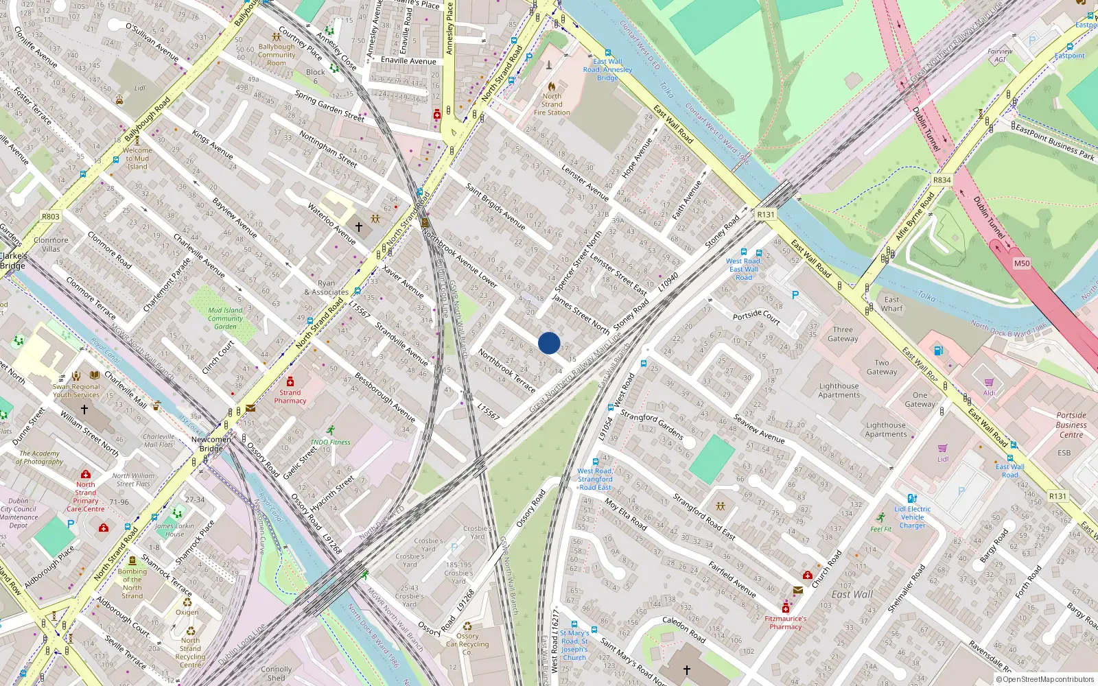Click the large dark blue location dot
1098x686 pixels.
pos(549,343)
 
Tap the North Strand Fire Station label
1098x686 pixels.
pos(552,104)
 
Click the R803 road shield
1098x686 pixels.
pos(51,216)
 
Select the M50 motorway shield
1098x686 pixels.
pos(1022,263)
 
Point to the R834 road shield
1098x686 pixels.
pos(942,180)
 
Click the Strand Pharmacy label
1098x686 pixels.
pos(290,397)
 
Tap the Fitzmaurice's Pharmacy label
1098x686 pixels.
pos(786,622)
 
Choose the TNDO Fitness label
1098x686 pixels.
pos(330,442)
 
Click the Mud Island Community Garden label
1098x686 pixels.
pos(226,318)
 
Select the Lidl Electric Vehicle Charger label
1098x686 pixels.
pos(913,517)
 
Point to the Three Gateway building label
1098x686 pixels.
pos(843,334)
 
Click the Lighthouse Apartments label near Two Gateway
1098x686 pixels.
pos(839,390)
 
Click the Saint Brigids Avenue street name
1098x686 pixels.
pos(495,206)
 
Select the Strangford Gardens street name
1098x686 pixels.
pos(651,425)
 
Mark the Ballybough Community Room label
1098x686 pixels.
pos(277,55)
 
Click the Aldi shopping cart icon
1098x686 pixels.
pos(989,382)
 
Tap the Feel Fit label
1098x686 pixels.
pos(881,529)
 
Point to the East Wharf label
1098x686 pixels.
pos(892,304)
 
